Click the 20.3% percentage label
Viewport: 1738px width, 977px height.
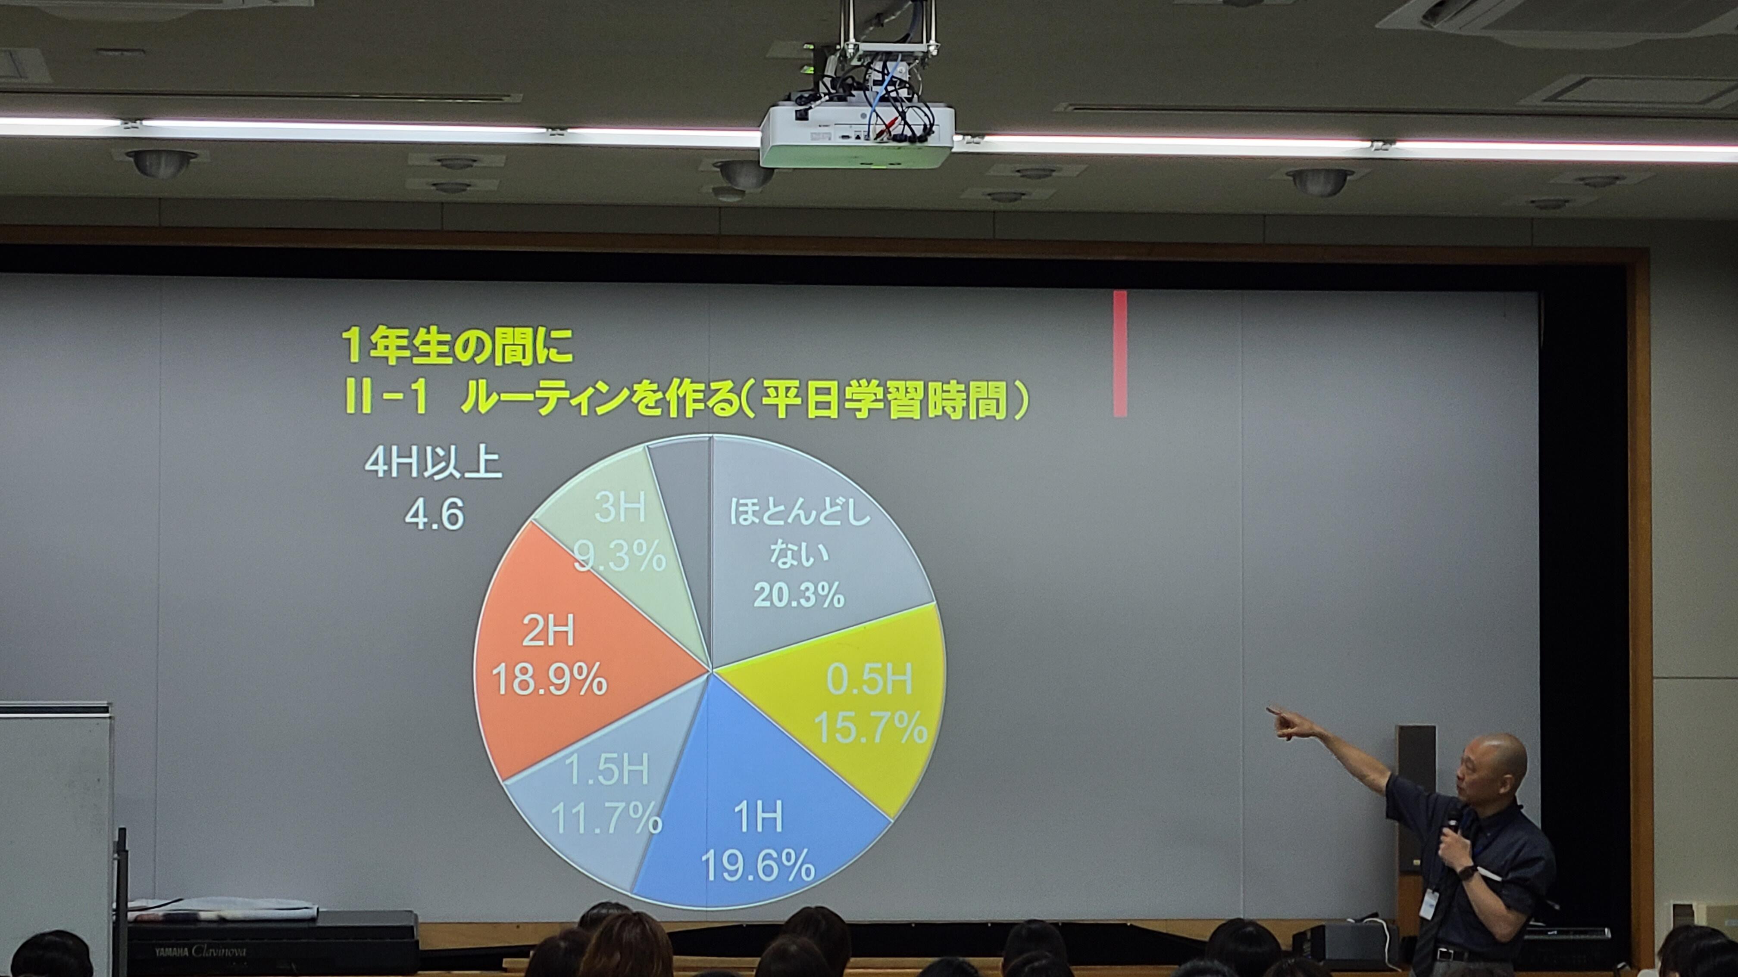click(x=799, y=595)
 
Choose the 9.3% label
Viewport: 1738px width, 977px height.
click(x=619, y=557)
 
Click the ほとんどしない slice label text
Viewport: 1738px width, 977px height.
click(x=800, y=533)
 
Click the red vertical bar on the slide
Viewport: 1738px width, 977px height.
click(x=1120, y=353)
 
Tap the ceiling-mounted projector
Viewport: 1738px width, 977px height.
click(x=857, y=135)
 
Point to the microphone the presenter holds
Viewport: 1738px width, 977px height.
click(x=1449, y=836)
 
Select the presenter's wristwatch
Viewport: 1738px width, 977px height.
click(x=1466, y=872)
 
